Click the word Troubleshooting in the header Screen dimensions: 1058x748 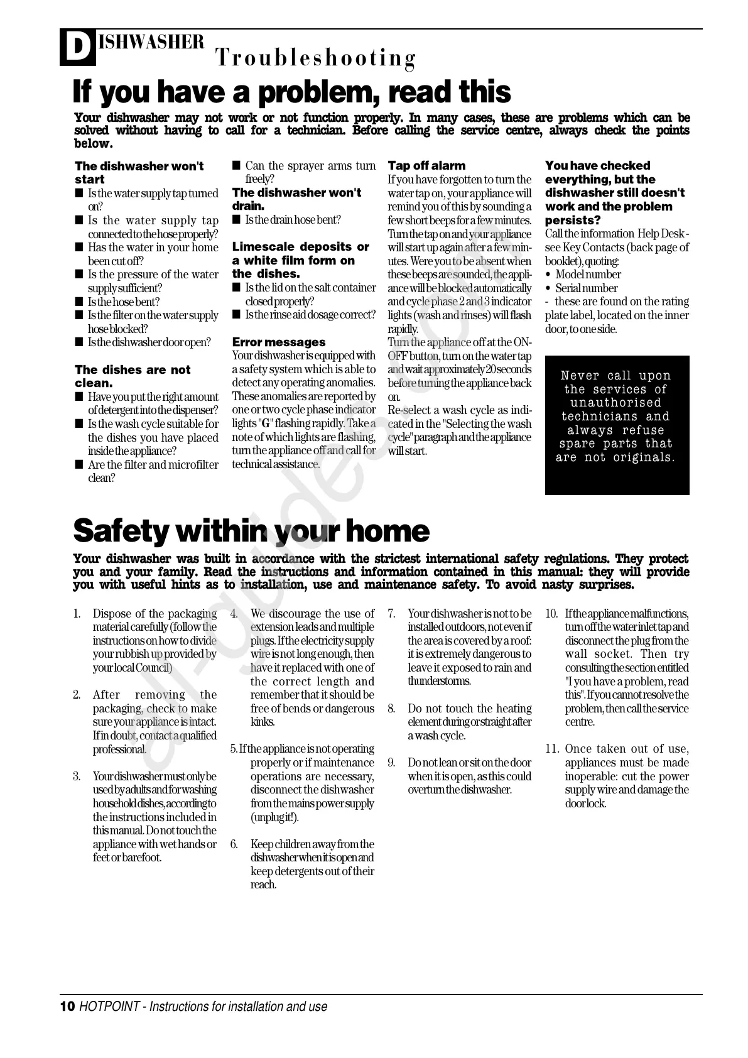(x=316, y=58)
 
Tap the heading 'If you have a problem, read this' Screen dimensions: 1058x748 (x=291, y=92)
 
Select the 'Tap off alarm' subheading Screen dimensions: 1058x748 (x=426, y=166)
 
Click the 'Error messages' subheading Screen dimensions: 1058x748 (x=279, y=342)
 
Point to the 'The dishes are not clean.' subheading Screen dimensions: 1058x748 (x=132, y=376)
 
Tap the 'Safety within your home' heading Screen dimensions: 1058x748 (x=251, y=532)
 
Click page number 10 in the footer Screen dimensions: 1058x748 (x=67, y=1007)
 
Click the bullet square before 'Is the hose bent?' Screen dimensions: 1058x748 (x=79, y=302)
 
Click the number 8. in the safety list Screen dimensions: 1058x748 (x=391, y=709)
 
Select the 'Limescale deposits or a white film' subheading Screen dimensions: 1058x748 (x=300, y=260)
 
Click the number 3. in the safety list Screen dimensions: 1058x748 (x=77, y=777)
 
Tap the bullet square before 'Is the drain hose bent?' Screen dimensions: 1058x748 (x=236, y=220)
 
